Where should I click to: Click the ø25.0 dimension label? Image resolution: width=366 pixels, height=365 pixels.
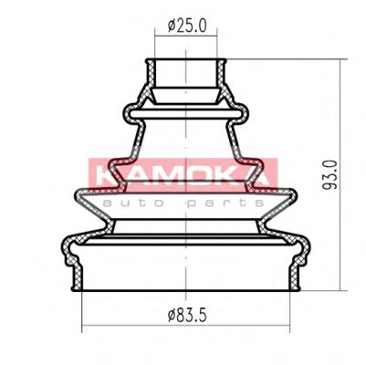click(x=187, y=26)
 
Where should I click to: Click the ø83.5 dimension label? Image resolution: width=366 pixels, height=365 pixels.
click(x=187, y=315)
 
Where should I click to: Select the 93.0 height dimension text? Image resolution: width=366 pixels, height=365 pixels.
click(x=330, y=174)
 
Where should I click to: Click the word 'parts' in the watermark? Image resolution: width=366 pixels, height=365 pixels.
click(x=225, y=203)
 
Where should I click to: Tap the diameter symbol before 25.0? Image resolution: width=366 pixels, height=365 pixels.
click(x=172, y=26)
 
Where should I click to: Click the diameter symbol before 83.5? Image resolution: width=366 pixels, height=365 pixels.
click(x=172, y=315)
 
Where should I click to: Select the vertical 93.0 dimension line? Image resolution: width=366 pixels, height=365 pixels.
click(x=340, y=174)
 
